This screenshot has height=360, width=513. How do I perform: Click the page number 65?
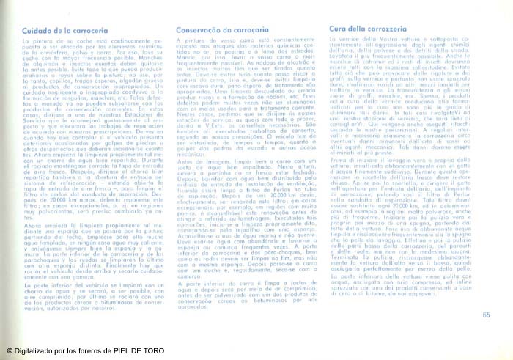(487, 295)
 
